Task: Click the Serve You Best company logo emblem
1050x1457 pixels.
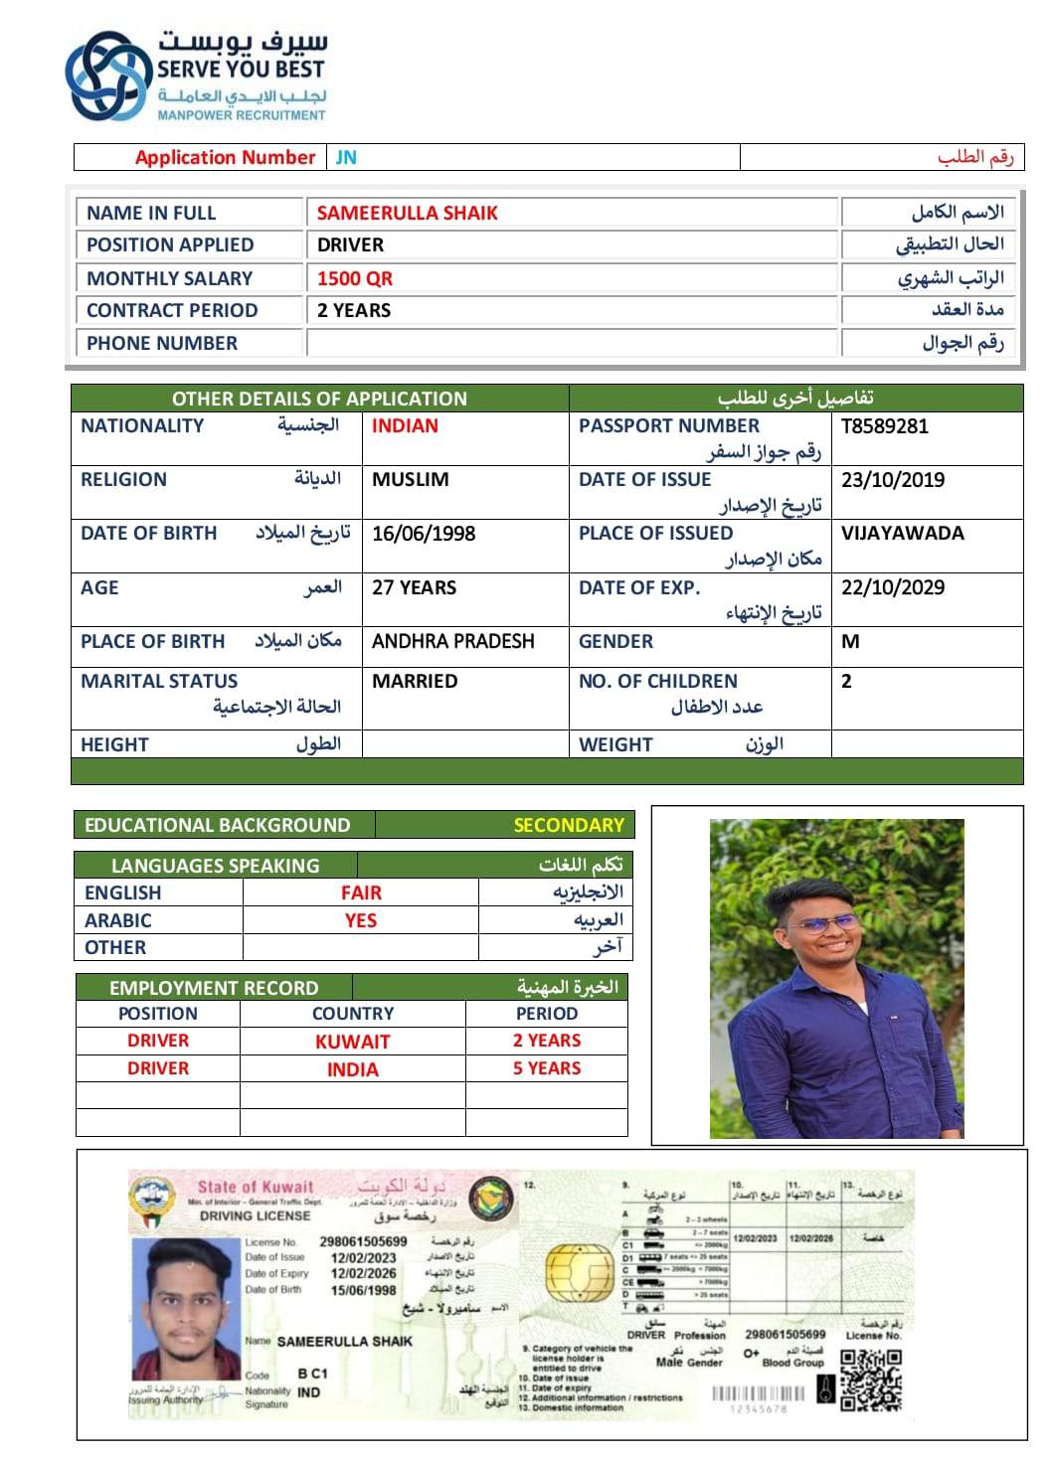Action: [x=105, y=77]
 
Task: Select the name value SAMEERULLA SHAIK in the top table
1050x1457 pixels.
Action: [x=407, y=213]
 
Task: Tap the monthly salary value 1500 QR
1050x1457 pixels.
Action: [x=354, y=278]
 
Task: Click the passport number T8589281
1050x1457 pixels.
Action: [x=884, y=426]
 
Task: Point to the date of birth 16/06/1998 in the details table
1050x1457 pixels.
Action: [x=424, y=534]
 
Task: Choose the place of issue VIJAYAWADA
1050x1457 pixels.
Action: [x=902, y=534]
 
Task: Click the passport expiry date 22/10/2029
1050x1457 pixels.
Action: [x=892, y=587]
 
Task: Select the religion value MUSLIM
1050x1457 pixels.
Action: [x=410, y=480]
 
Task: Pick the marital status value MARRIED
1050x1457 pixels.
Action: [x=415, y=682]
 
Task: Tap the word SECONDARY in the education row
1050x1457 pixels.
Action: [x=568, y=825]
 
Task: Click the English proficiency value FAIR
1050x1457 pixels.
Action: [x=361, y=892]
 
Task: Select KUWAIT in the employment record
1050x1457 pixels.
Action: [x=352, y=1042]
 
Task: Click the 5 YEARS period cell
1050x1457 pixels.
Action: [x=547, y=1068]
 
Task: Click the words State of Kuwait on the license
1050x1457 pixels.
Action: [x=255, y=1187]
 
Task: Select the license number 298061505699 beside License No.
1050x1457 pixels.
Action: [x=363, y=1241]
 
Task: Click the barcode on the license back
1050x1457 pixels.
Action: [x=762, y=1392]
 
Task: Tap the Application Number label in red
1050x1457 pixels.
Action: [x=225, y=157]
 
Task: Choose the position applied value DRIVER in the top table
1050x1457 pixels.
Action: [x=350, y=245]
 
